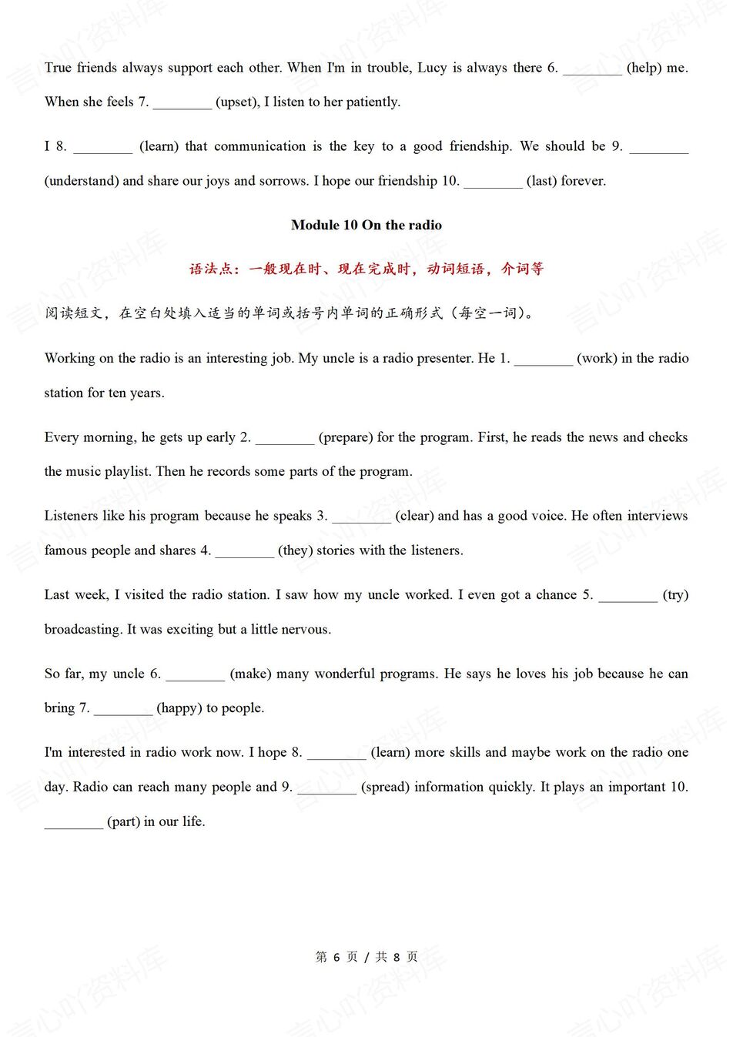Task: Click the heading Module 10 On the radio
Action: (366, 225)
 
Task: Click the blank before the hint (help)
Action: (592, 69)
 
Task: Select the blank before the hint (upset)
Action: (182, 103)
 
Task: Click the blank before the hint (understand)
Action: (658, 148)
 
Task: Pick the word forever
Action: (584, 181)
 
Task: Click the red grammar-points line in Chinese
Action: (366, 269)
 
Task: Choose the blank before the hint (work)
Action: (544, 360)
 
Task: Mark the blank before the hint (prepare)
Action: (285, 439)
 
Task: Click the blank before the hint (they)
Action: (244, 552)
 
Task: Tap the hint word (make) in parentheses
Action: (251, 674)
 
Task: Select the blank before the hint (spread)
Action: (326, 788)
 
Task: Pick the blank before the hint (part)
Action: (73, 823)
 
